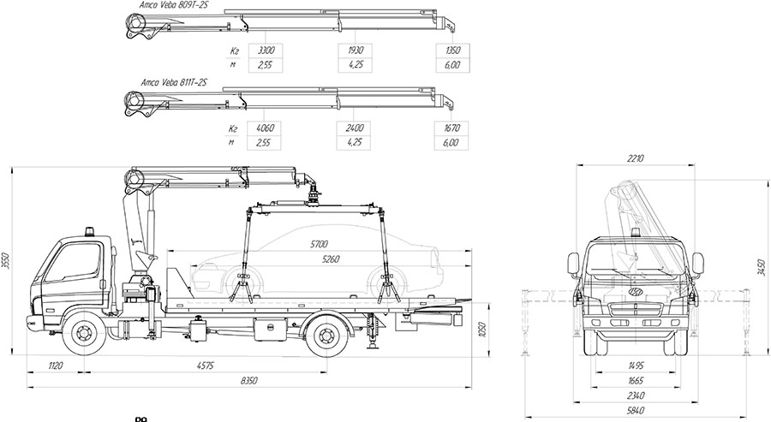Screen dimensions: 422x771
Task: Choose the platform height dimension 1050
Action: (482, 328)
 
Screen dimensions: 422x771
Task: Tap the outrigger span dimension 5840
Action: (634, 411)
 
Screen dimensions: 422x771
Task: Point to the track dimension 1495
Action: (634, 366)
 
